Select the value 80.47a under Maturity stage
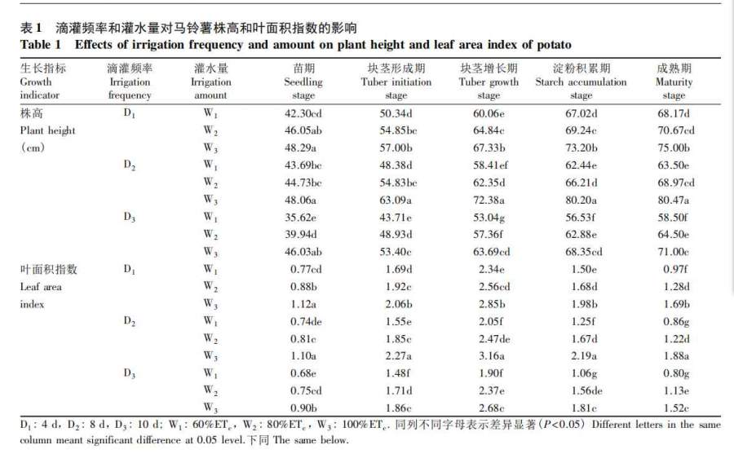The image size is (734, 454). click(674, 199)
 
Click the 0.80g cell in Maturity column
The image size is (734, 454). click(674, 373)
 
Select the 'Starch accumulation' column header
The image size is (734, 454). click(581, 82)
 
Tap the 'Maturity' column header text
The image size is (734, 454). click(674, 82)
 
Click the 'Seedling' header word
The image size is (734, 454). click(303, 82)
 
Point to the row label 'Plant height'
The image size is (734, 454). click(47, 130)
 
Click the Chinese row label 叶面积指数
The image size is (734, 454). click(47, 269)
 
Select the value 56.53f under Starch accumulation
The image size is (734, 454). click(581, 218)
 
